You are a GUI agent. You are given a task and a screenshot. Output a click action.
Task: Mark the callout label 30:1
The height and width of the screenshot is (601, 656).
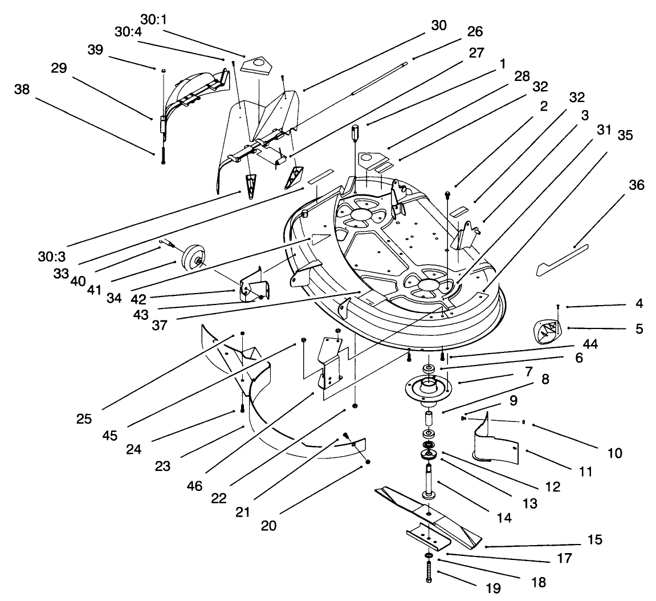pos(152,19)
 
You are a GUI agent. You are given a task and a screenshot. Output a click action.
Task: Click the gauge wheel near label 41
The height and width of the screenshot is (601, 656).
pos(193,262)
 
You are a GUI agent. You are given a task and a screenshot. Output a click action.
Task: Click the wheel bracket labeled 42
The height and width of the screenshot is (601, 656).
pos(249,284)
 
